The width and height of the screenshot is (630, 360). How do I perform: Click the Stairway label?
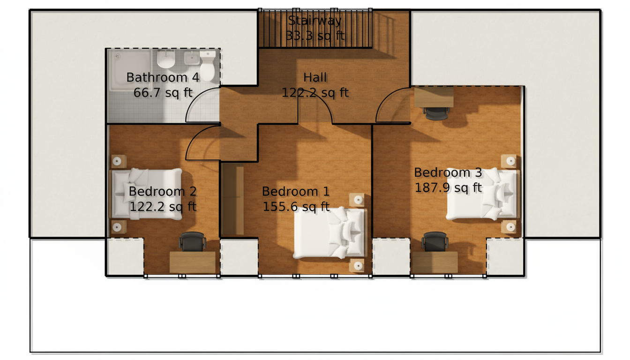coord(315,21)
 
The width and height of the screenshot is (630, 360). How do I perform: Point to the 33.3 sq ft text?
coord(315,36)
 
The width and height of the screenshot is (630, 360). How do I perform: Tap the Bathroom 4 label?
coord(163,77)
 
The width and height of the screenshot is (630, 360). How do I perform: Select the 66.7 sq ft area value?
coord(163,93)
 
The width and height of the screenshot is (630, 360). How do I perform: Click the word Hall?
coord(315,77)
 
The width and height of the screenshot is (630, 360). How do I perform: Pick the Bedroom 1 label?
coord(296,191)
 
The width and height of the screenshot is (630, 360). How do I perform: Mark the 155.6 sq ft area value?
coord(296,207)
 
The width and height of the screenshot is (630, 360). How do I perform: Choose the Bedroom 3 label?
coord(448,172)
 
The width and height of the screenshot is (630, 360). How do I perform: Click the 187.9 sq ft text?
coord(448,188)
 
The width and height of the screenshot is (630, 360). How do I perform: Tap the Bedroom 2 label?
coord(163,191)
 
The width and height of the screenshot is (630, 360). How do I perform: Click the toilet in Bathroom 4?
coord(208,66)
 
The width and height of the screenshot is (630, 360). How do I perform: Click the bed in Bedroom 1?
coord(330,233)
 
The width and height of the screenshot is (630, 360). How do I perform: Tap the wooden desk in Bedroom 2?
coord(192,262)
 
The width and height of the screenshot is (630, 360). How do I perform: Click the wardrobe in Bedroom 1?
coord(232,200)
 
